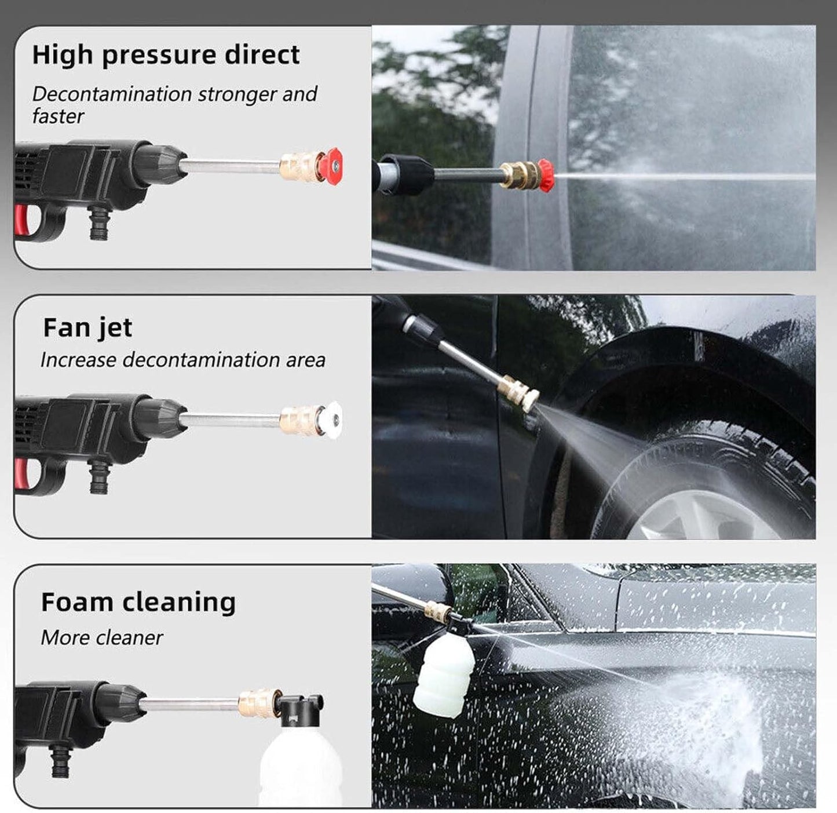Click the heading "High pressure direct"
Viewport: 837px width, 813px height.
coord(166,56)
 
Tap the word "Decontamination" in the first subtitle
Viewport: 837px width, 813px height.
coord(112,94)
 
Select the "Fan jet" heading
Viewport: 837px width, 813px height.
coord(87,329)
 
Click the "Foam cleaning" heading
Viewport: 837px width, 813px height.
coord(138,602)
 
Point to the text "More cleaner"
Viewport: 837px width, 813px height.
coord(102,637)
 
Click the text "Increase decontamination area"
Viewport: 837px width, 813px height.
coord(183,360)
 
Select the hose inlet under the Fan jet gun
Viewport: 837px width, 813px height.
coord(100,476)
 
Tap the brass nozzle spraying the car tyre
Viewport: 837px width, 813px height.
coord(519,393)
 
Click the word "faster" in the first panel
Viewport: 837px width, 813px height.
coord(58,116)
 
